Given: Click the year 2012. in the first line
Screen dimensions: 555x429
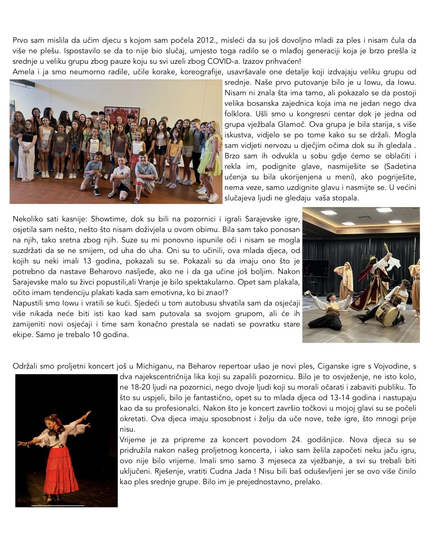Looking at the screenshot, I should [x=207, y=40].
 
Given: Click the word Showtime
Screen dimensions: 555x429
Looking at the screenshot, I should [x=108, y=219].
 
